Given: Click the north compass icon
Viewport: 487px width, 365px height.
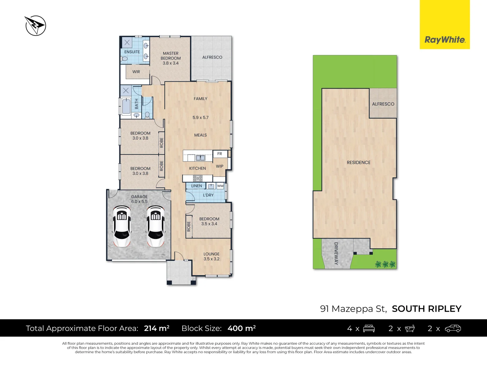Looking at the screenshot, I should click(36, 25).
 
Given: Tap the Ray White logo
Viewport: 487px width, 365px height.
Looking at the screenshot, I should click(445, 40).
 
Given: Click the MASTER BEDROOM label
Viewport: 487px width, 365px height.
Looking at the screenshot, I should click(170, 56).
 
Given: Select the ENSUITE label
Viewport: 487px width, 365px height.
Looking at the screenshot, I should click(132, 52).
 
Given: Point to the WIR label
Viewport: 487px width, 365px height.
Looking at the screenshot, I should click(136, 72).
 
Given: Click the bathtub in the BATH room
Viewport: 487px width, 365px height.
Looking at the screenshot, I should click(126, 106).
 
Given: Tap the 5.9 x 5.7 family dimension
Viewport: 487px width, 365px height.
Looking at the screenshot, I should click(201, 118).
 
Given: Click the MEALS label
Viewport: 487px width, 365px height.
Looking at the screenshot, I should click(201, 135).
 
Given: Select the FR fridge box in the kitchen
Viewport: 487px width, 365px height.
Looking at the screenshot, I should click(220, 154).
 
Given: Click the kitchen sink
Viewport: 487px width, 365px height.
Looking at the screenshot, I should click(201, 157).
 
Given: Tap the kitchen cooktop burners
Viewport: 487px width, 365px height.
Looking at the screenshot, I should click(198, 178).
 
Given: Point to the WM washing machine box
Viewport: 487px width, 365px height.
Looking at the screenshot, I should click(221, 186).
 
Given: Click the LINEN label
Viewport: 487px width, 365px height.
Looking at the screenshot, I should click(196, 186).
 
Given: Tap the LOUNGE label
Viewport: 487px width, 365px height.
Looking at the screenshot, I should click(211, 254).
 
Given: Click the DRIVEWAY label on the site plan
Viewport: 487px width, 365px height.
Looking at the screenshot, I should click(336, 253).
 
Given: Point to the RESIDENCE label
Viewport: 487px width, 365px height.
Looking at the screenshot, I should click(358, 163).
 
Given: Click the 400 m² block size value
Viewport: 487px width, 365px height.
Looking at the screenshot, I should click(241, 328).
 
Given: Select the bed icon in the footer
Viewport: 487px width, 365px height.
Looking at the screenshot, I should click(369, 328).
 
